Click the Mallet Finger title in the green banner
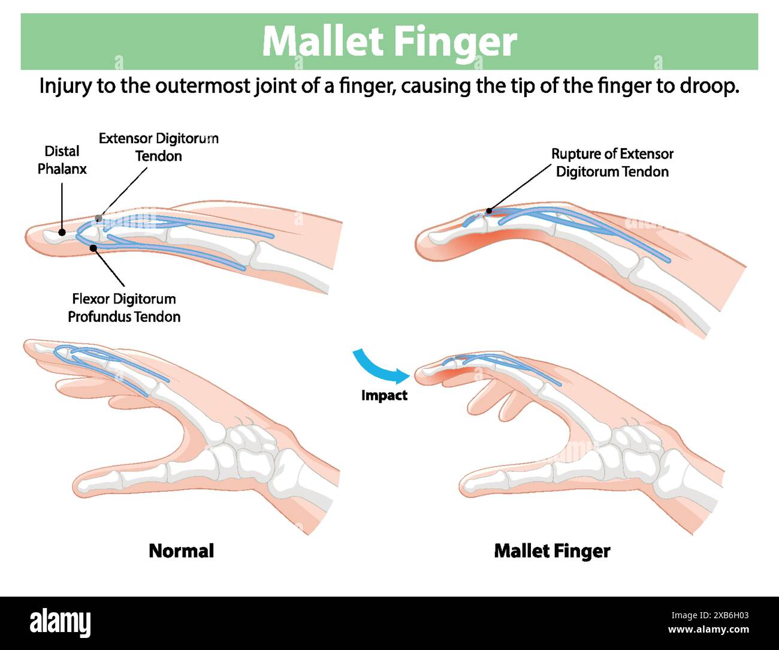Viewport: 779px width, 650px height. pos(389,41)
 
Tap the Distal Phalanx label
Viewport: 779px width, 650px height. pos(62,160)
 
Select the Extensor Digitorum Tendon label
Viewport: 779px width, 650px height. pos(158,148)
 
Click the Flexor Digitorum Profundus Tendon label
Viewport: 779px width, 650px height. pos(124,308)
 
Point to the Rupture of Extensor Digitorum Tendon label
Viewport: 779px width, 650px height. pos(612,162)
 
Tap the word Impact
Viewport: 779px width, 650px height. pos(384,395)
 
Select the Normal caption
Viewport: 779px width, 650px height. pos(181,550)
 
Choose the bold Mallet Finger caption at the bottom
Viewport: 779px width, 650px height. pos(552,550)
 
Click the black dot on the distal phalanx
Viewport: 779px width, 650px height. pos(62,232)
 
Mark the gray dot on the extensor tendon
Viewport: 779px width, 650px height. pos(99,218)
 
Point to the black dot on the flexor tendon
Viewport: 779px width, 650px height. pos(93,246)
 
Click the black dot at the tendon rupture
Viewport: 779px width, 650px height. pos(489,210)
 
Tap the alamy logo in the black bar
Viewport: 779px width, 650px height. pos(61,623)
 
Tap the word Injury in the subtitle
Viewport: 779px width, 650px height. pos(65,86)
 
